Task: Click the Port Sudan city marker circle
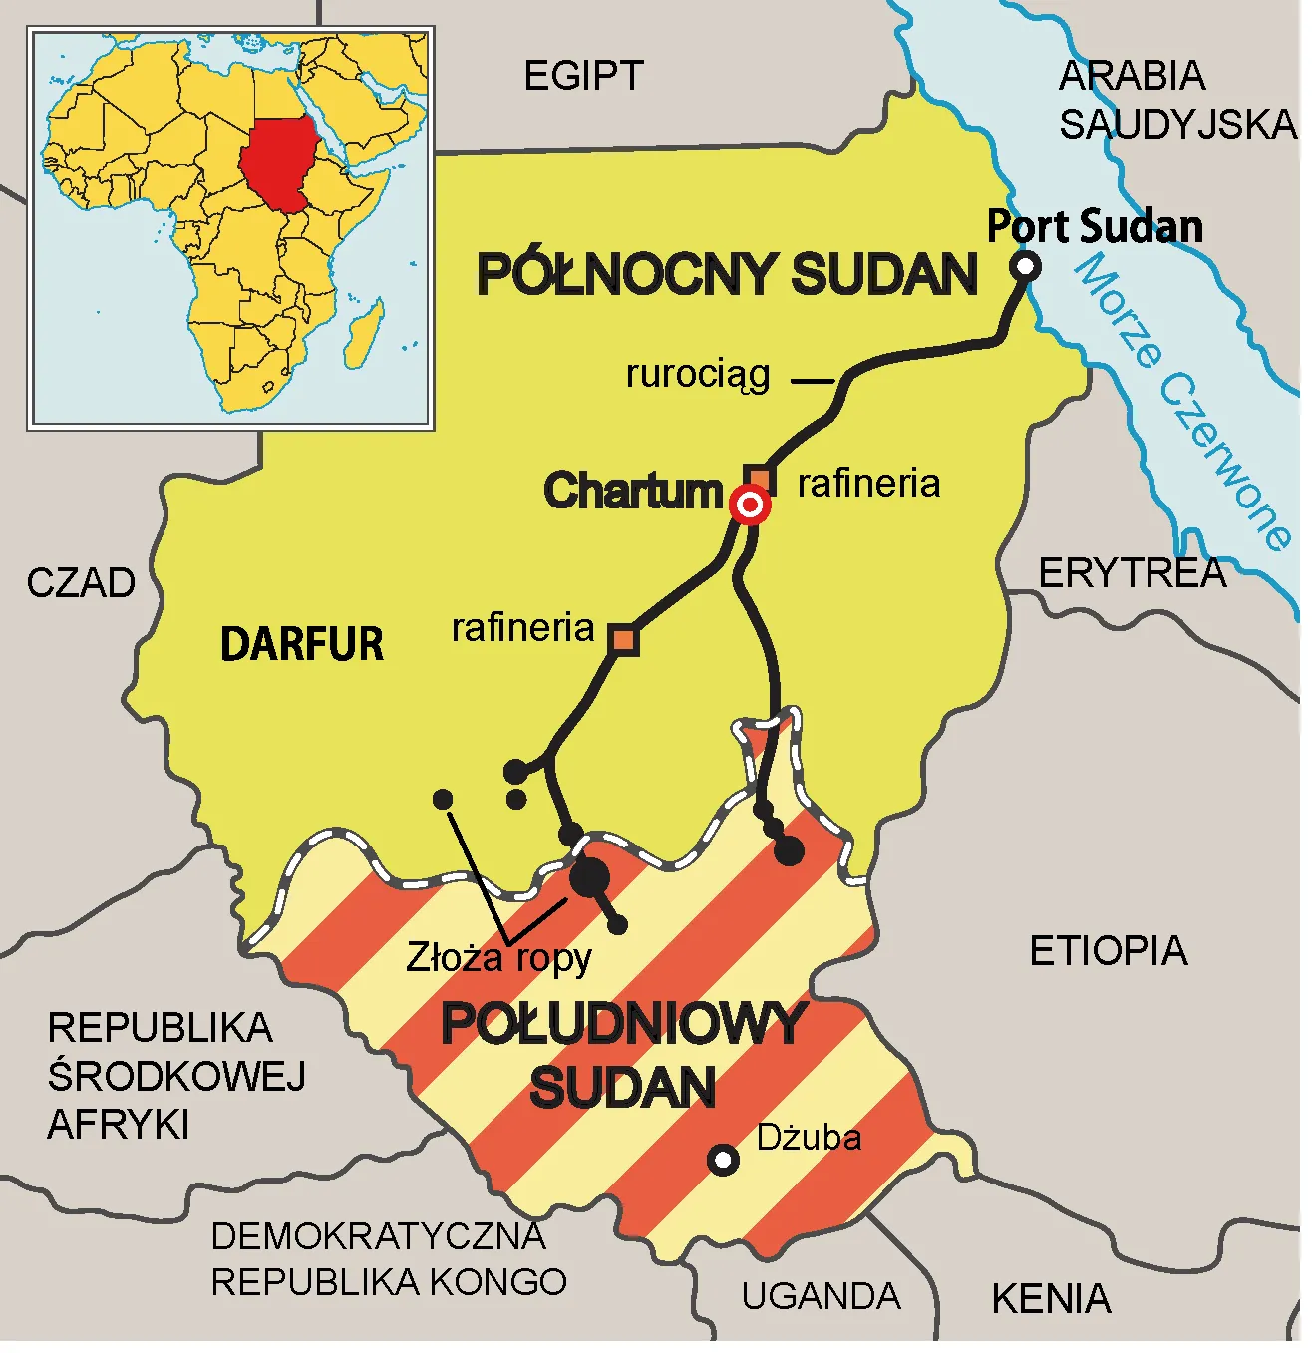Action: pyautogui.click(x=1025, y=266)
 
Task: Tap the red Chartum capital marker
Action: pyautogui.click(x=750, y=506)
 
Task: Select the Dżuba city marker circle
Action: pyautogui.click(x=723, y=1160)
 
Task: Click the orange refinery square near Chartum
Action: pyautogui.click(x=760, y=478)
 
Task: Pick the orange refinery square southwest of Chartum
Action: pyautogui.click(x=624, y=639)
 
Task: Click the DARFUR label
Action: pyautogui.click(x=301, y=643)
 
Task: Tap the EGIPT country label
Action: pyautogui.click(x=584, y=76)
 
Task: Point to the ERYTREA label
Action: pyautogui.click(x=1133, y=573)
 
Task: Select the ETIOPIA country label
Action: pyautogui.click(x=1108, y=951)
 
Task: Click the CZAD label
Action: pyautogui.click(x=81, y=583)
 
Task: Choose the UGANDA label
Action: pyautogui.click(x=821, y=1296)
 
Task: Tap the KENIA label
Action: pyautogui.click(x=1051, y=1299)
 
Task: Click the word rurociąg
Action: pyautogui.click(x=698, y=376)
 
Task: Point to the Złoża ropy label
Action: pyautogui.click(x=498, y=958)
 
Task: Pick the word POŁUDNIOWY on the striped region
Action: pyautogui.click(x=622, y=1024)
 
